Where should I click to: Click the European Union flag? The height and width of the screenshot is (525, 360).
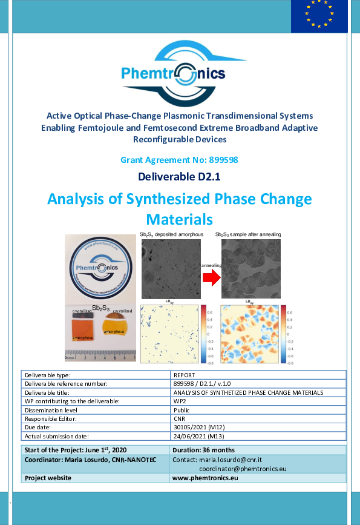[319, 16]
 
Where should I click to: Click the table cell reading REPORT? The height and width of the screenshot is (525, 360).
[184, 375]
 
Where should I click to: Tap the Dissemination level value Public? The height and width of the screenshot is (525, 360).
[182, 409]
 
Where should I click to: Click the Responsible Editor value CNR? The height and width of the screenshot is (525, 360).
[180, 418]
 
